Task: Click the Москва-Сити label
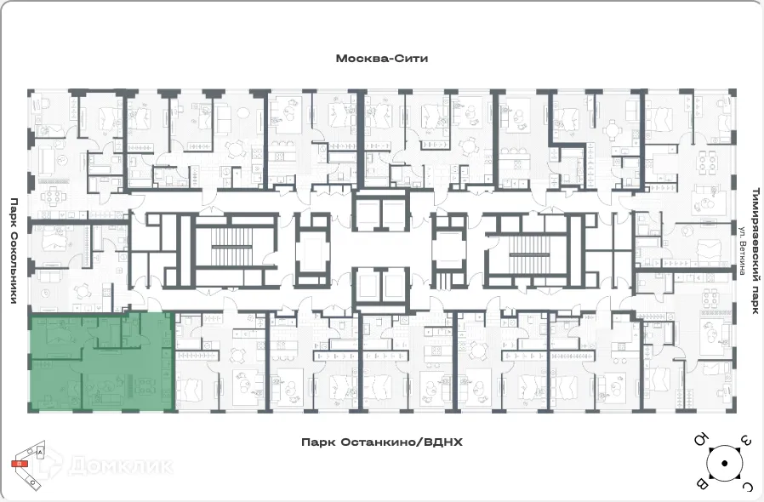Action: [x=381, y=60]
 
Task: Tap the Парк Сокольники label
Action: [x=14, y=251]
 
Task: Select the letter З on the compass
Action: [x=746, y=440]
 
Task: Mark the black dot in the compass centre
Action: [x=724, y=463]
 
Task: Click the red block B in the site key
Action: [x=18, y=464]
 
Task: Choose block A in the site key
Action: [x=39, y=454]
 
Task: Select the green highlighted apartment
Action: [x=102, y=362]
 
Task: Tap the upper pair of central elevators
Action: [x=382, y=213]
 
